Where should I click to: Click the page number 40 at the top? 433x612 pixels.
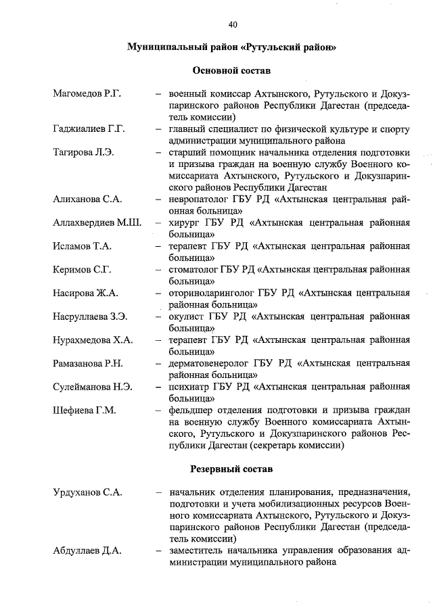(x=233, y=25)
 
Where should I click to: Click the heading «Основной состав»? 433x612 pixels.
(x=232, y=70)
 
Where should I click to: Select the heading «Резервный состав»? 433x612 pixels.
(x=232, y=468)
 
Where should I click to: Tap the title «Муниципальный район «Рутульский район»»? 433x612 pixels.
(x=232, y=47)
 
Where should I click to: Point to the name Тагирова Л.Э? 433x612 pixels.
(x=83, y=151)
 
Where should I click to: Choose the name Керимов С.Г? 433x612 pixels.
(x=82, y=270)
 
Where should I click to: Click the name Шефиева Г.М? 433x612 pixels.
(x=85, y=410)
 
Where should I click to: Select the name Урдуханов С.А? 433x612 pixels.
(x=87, y=492)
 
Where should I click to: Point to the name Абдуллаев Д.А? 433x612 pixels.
(x=87, y=550)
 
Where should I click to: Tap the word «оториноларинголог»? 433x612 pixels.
(x=212, y=293)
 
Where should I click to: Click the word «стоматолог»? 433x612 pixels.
(x=193, y=270)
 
